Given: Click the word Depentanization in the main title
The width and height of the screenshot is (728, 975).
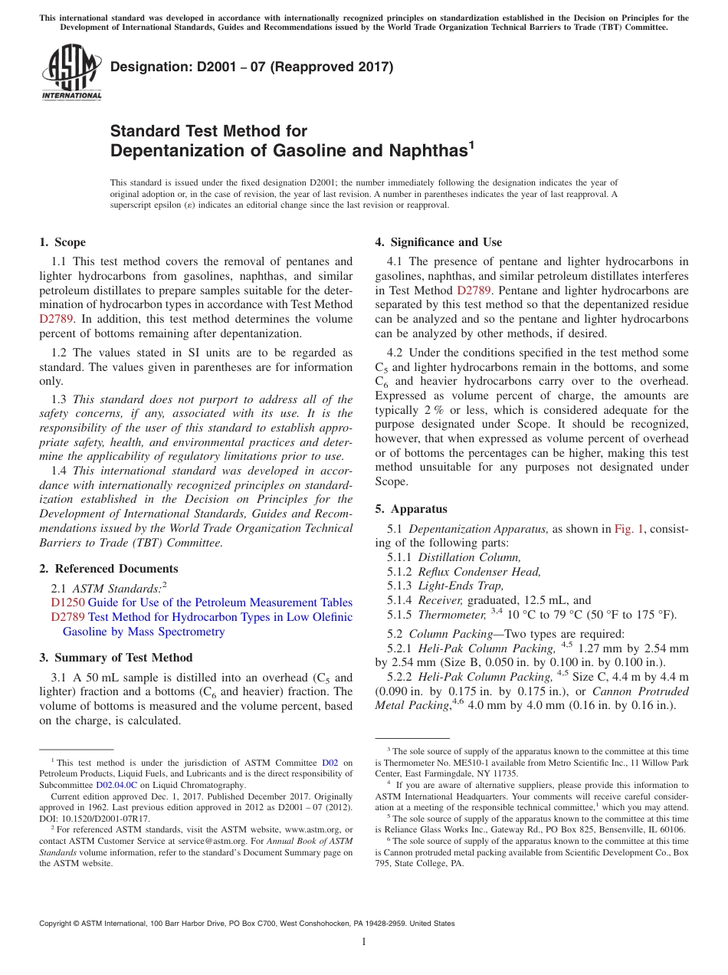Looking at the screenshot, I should click(x=179, y=151).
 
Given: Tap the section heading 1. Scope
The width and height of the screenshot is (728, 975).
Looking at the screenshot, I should click(x=63, y=242).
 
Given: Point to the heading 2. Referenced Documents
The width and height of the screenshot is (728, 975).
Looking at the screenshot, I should click(x=109, y=569).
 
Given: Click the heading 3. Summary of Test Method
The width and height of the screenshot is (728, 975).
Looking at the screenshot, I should click(x=116, y=658).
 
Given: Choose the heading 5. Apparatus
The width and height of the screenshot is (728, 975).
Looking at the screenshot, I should click(x=411, y=509).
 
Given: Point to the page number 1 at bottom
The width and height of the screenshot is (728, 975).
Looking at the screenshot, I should click(x=364, y=942).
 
